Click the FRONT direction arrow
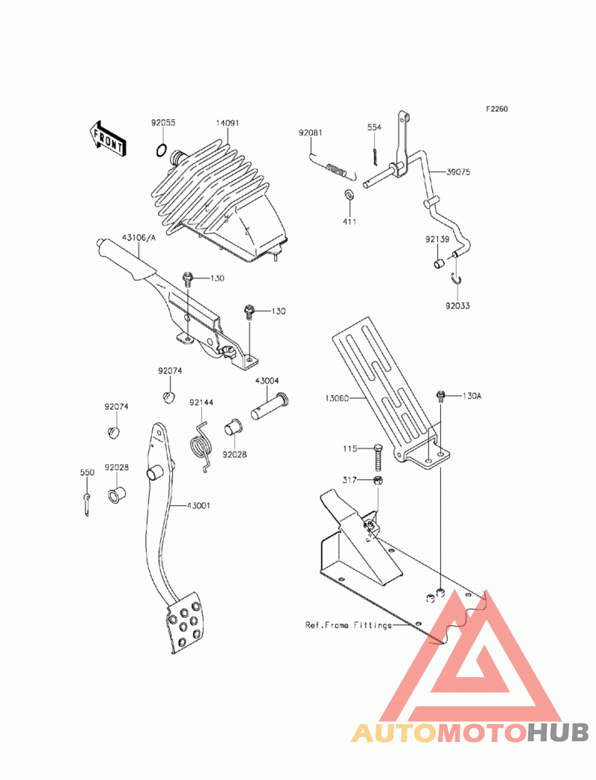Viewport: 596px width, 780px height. [x=107, y=140]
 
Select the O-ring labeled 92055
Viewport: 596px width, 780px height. [x=161, y=150]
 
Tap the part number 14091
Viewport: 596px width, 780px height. [x=227, y=123]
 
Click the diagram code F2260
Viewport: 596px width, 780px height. [x=497, y=109]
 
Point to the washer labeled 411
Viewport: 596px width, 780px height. [x=349, y=194]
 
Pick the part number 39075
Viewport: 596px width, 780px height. [x=458, y=172]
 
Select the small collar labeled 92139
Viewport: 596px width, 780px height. [x=438, y=263]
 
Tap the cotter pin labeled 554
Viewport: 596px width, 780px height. [x=373, y=155]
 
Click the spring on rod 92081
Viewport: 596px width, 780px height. [x=337, y=170]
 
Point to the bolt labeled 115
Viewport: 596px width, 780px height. [x=378, y=457]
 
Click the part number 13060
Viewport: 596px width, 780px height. [x=337, y=398]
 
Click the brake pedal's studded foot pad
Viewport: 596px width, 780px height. [x=185, y=623]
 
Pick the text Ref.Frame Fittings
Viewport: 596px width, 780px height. [x=348, y=625]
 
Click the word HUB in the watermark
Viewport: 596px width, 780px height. [x=557, y=732]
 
